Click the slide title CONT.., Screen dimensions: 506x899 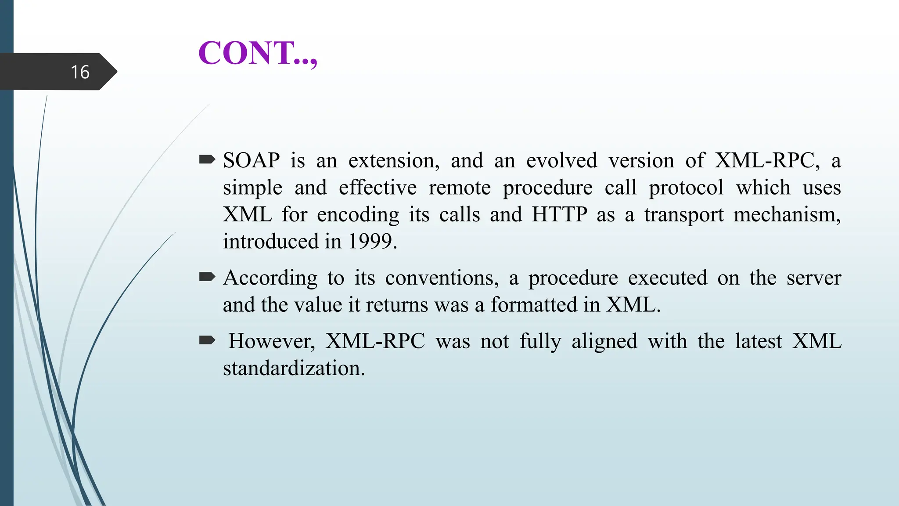click(x=257, y=53)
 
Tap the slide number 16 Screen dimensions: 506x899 click(x=80, y=72)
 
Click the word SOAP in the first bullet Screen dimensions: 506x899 click(x=251, y=160)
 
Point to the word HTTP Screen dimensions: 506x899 click(x=559, y=214)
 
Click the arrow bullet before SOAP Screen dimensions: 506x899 click(x=207, y=159)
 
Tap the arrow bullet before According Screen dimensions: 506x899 click(x=207, y=276)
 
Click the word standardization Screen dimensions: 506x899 click(x=294, y=368)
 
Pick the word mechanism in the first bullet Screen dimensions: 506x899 click(x=786, y=214)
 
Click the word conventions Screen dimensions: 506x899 click(x=442, y=278)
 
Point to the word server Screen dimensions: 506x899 click(x=813, y=278)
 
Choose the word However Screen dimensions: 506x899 click(x=272, y=341)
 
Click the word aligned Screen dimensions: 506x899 click(x=604, y=341)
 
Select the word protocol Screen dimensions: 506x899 click(x=686, y=188)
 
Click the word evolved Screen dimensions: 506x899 click(x=561, y=160)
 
